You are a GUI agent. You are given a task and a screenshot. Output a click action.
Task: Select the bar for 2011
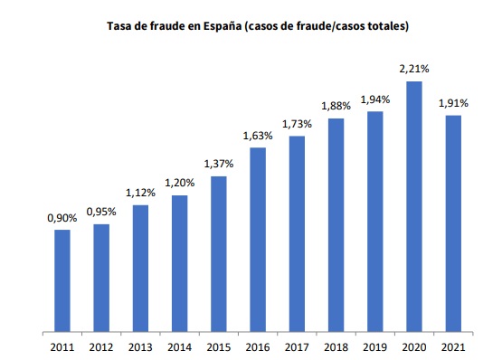click(x=62, y=279)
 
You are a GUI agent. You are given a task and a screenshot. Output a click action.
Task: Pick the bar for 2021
click(x=453, y=222)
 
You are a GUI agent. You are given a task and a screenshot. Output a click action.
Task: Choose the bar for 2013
click(x=140, y=267)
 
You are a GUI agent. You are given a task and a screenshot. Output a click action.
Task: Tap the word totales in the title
click(x=385, y=26)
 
